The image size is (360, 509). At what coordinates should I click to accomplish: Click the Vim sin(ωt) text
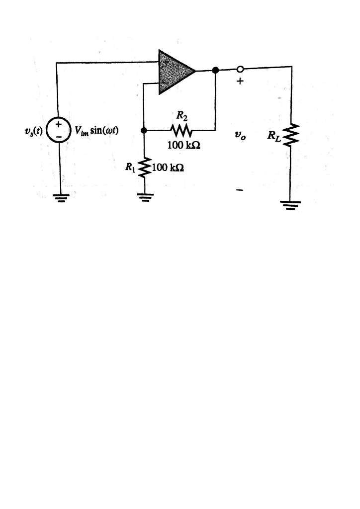[96, 131]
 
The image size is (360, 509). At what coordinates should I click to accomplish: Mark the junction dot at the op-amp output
[215, 71]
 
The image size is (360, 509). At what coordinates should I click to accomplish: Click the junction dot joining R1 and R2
[144, 131]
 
